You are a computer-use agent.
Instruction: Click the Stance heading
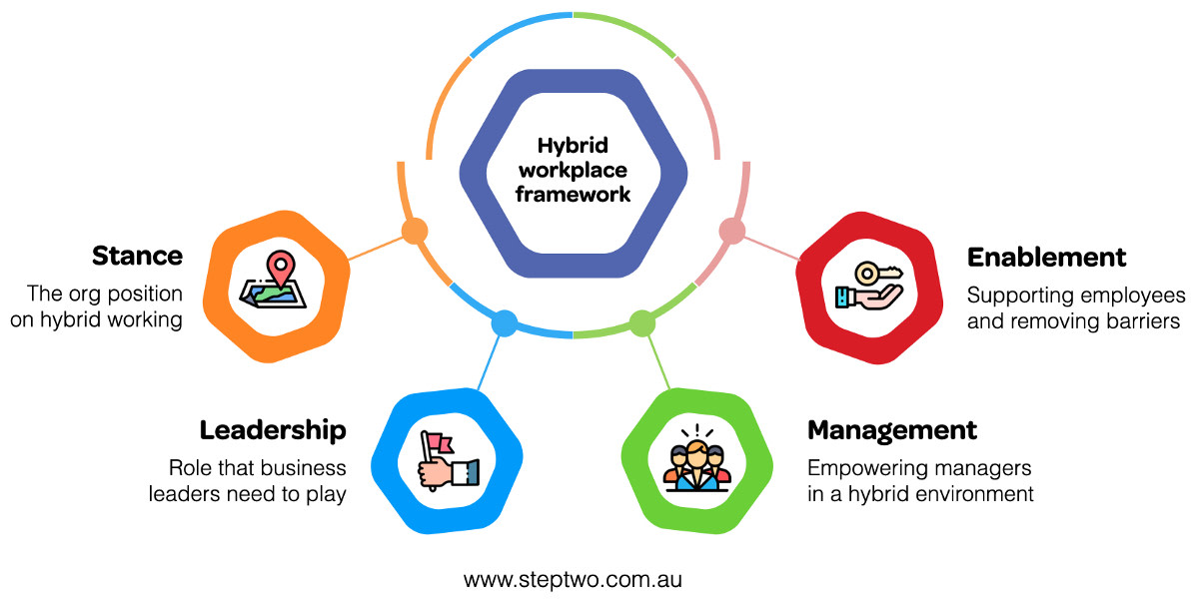tap(137, 256)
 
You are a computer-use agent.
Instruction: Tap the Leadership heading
tap(273, 430)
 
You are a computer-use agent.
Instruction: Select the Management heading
tap(892, 430)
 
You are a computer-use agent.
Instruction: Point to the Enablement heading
tap(1046, 257)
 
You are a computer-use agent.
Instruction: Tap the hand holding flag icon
tap(446, 460)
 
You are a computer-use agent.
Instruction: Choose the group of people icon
tap(697, 460)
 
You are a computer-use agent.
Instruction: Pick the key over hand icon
tap(868, 286)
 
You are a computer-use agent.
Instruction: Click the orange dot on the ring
tap(414, 232)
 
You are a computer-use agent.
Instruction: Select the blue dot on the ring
tap(505, 323)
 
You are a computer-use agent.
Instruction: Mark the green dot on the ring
tap(641, 323)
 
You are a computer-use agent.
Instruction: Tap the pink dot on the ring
tap(732, 232)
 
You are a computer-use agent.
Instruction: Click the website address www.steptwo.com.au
tap(573, 579)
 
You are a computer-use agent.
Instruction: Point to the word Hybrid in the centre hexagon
tap(573, 146)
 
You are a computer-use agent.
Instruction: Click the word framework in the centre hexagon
tap(573, 194)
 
